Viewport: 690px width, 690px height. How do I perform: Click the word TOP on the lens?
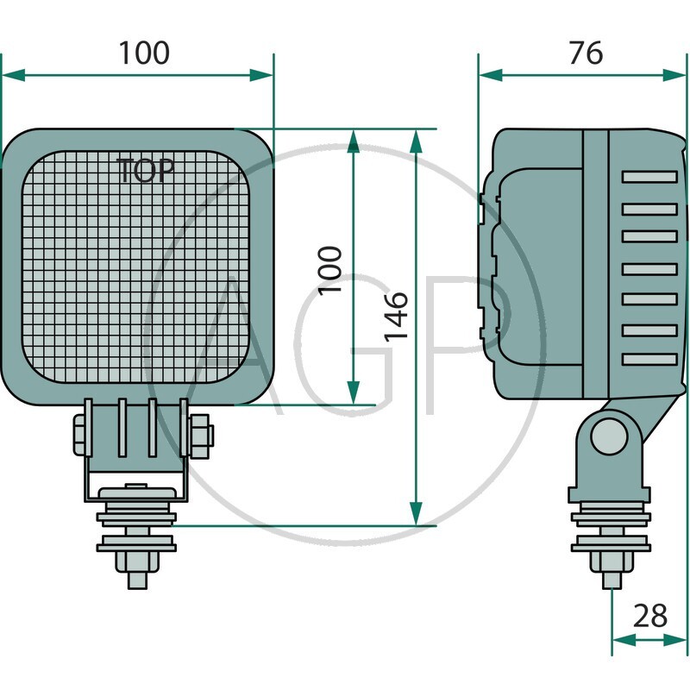coord(145,170)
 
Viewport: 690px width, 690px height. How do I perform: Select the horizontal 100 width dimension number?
coord(144,53)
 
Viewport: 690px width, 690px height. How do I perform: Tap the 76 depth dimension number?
coord(586,53)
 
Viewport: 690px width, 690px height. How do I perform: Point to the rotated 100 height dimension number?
coord(330,268)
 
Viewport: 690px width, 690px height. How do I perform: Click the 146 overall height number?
coord(395,316)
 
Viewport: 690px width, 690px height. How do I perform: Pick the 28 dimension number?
coord(650,616)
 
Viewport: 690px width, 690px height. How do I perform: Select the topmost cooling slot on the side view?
coord(649,177)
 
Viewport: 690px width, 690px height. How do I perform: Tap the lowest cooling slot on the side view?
coord(649,359)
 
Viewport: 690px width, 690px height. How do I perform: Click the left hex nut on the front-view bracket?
coord(79,435)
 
